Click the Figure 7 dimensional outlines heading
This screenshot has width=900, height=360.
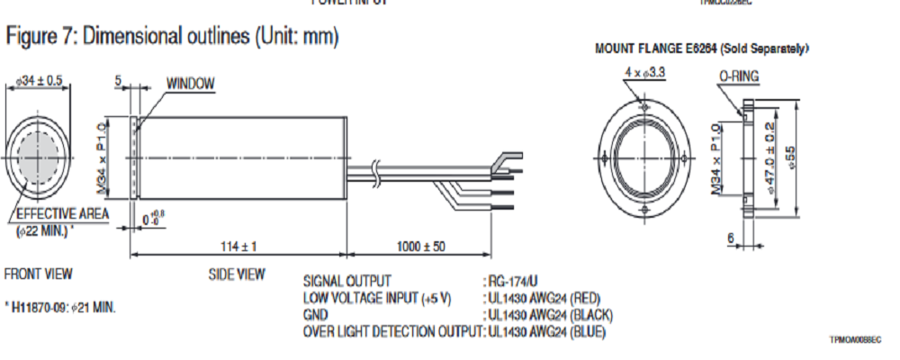(172, 37)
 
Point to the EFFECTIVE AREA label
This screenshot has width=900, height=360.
(62, 213)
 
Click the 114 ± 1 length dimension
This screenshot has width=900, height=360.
(238, 245)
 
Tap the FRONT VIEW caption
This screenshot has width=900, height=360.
(39, 274)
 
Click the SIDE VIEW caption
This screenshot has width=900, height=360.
(237, 274)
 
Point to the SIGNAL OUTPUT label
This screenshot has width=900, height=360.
(346, 281)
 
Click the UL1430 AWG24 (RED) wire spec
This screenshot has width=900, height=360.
(543, 297)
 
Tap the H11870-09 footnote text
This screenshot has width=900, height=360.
(61, 308)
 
